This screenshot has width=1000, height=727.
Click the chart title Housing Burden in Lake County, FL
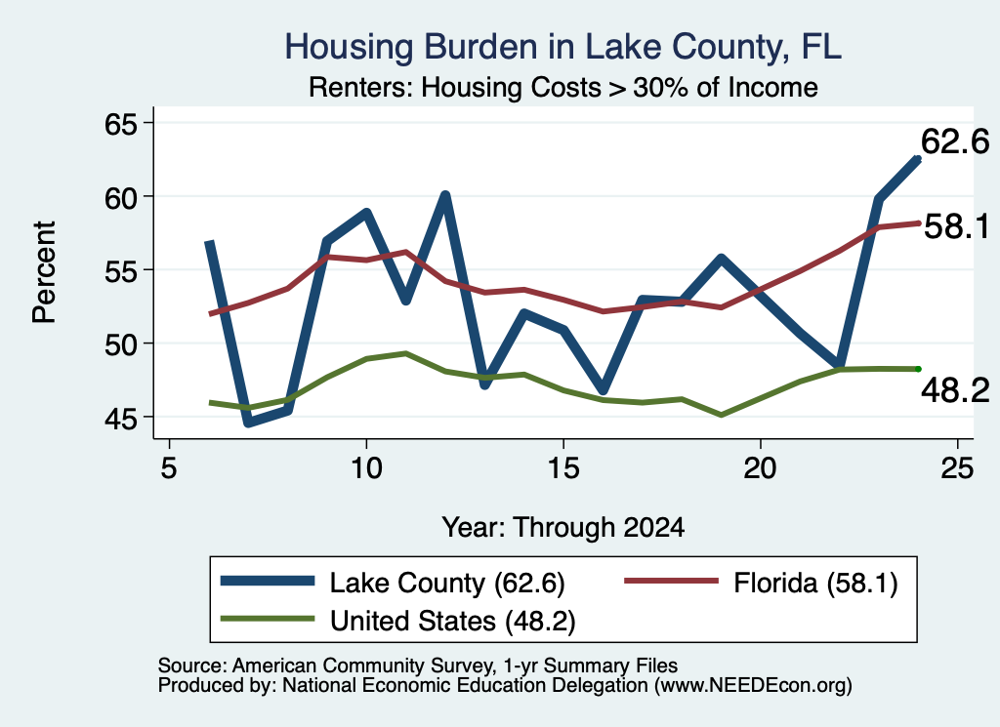coord(563,47)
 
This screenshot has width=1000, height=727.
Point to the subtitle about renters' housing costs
coord(563,87)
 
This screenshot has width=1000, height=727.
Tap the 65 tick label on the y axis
coord(121,124)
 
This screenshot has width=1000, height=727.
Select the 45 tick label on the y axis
coord(121,419)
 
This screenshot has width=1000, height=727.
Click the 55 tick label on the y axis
coord(121,271)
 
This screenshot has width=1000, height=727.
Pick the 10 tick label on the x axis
coord(366,468)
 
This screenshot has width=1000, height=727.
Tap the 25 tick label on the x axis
coord(957,468)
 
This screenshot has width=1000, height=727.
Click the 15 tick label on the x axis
coord(563,468)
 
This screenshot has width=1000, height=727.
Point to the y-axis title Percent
coord(45,272)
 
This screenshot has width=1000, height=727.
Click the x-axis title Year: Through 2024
coord(563,528)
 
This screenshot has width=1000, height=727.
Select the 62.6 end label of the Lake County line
coord(955,141)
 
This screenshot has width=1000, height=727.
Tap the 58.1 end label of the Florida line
coord(956,226)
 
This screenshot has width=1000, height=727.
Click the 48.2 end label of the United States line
coord(955,389)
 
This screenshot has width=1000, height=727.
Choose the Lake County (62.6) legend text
coord(447,583)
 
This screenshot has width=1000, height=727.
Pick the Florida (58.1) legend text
coord(815,583)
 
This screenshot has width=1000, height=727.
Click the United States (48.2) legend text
coord(453,621)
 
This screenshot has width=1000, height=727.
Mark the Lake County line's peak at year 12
coord(445,195)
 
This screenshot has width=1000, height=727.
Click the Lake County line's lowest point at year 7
coord(248,423)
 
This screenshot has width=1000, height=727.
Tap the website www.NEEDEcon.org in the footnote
coord(752,686)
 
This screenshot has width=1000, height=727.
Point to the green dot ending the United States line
coord(918,369)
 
